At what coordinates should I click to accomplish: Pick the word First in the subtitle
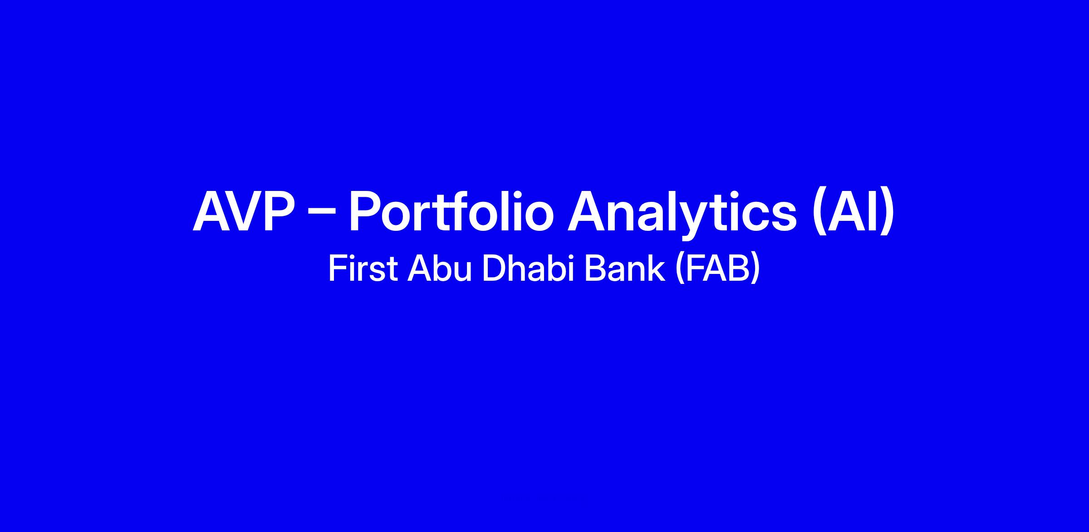point(363,269)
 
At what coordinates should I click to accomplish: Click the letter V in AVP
point(246,211)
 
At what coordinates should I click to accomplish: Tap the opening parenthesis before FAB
point(680,270)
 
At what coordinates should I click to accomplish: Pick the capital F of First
point(337,269)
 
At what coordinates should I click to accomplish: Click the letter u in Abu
point(463,273)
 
